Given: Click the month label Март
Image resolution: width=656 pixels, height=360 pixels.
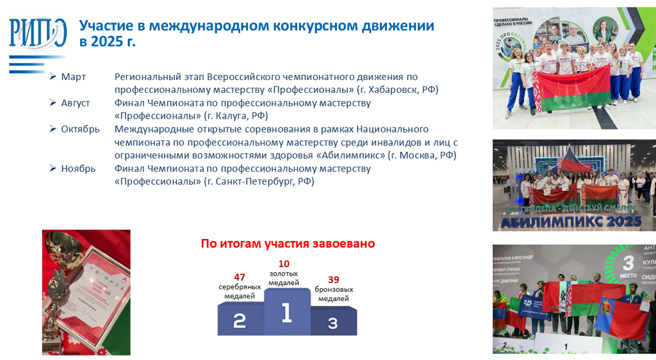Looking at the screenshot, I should coord(73,77).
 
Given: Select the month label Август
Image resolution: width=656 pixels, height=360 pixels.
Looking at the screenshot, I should coord(76,103).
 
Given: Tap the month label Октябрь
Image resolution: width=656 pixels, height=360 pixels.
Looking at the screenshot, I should coord(80,129).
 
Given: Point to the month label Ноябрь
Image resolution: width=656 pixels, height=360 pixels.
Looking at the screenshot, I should coord(78,168).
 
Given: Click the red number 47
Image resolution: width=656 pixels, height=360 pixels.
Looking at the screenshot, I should coord(240,277).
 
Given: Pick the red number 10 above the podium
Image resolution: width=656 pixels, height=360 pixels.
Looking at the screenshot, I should coord(284,263).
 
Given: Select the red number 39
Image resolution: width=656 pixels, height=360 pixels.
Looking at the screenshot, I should coord(333,279).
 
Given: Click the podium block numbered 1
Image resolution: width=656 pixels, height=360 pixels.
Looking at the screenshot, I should coord(286,312).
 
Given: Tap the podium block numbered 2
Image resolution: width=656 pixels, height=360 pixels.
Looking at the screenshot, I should coord(240,320).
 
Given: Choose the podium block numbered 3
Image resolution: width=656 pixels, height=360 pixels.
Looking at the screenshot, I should coord(333,322).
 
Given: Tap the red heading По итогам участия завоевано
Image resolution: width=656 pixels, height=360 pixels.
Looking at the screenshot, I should coord(288,243).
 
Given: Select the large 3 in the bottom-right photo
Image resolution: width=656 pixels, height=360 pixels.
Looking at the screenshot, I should coord(628,263).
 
